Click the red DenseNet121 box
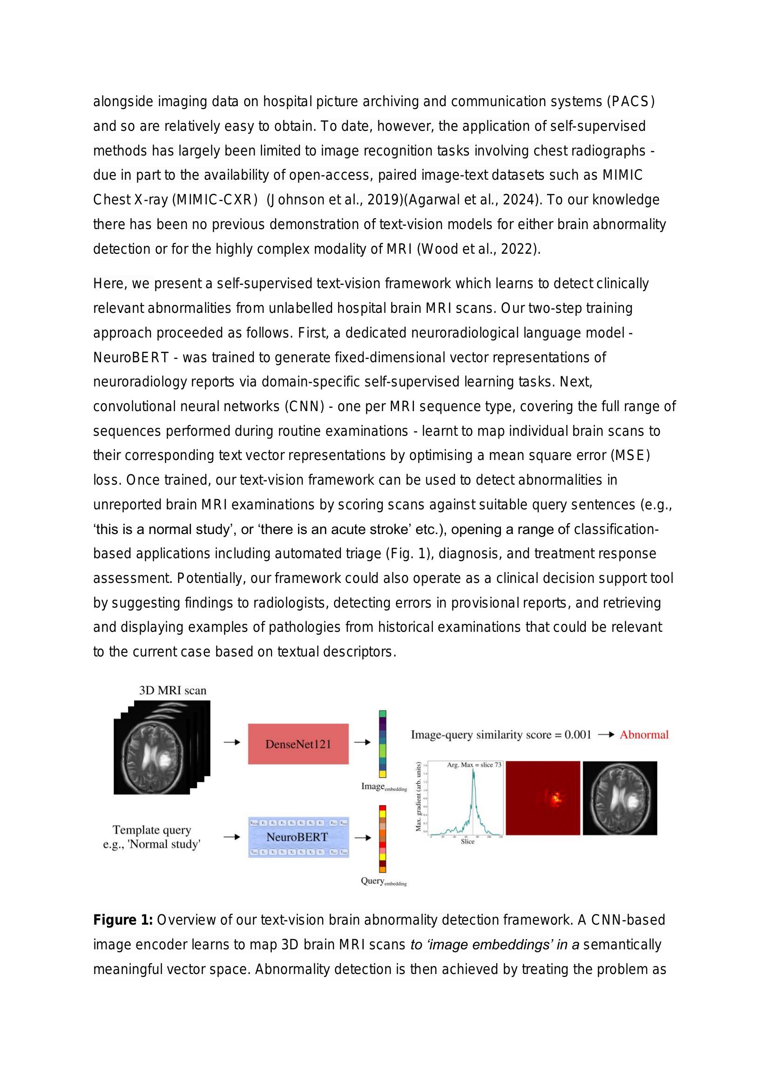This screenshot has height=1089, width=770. (x=298, y=744)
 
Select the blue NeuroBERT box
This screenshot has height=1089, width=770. (x=298, y=837)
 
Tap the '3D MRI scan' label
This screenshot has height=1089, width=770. (x=173, y=690)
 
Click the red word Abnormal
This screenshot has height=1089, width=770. (x=644, y=735)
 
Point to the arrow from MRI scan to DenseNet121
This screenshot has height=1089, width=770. (x=232, y=742)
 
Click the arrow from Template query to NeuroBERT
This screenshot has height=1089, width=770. (x=232, y=837)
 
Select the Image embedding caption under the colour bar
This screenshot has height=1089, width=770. (x=384, y=787)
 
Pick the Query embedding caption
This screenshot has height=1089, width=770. (x=383, y=881)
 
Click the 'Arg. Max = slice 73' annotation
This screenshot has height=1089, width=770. (x=473, y=765)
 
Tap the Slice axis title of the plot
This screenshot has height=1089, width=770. (x=467, y=841)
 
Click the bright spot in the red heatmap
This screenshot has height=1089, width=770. (x=556, y=798)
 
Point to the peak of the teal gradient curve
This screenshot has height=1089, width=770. (x=473, y=771)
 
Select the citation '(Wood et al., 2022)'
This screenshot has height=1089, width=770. (x=479, y=249)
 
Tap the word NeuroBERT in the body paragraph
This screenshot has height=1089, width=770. (x=131, y=357)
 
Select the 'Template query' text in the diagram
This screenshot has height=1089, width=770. (x=152, y=830)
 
